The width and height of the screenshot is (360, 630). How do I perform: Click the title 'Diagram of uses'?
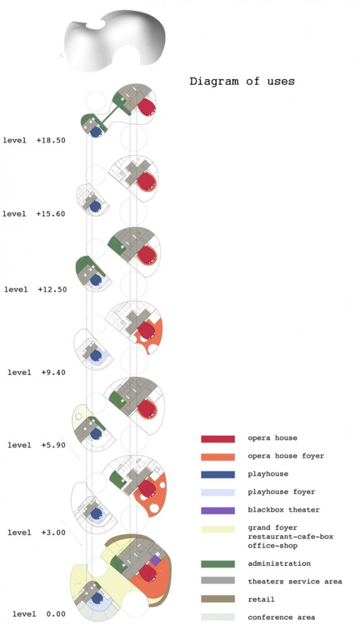point(242,81)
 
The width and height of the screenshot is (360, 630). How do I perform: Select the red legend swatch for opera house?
point(218,438)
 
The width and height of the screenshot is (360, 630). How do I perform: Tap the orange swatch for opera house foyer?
point(218,457)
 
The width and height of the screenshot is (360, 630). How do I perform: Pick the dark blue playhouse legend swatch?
point(218,474)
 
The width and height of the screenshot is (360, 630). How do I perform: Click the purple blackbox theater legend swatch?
point(218,511)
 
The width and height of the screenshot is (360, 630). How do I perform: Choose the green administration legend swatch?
point(218,564)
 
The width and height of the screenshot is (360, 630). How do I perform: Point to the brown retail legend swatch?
point(218,600)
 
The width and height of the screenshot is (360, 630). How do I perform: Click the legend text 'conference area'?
point(281,617)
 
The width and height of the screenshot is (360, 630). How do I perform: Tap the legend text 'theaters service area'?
point(295,581)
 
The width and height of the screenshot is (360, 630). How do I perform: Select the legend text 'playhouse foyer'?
point(281,492)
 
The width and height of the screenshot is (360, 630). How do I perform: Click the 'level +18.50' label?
point(34,140)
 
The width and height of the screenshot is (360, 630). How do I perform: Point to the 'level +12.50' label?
point(35,290)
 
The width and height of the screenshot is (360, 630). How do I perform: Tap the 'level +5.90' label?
point(37,445)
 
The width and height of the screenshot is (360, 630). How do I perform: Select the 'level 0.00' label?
point(39,614)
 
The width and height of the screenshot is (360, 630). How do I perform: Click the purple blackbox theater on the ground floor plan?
point(156,561)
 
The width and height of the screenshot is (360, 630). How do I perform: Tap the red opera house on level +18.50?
point(147,107)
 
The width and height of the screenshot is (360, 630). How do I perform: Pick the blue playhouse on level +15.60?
point(95,207)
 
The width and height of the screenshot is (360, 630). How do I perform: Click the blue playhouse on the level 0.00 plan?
point(96,598)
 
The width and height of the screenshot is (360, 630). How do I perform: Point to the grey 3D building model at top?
point(114,40)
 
